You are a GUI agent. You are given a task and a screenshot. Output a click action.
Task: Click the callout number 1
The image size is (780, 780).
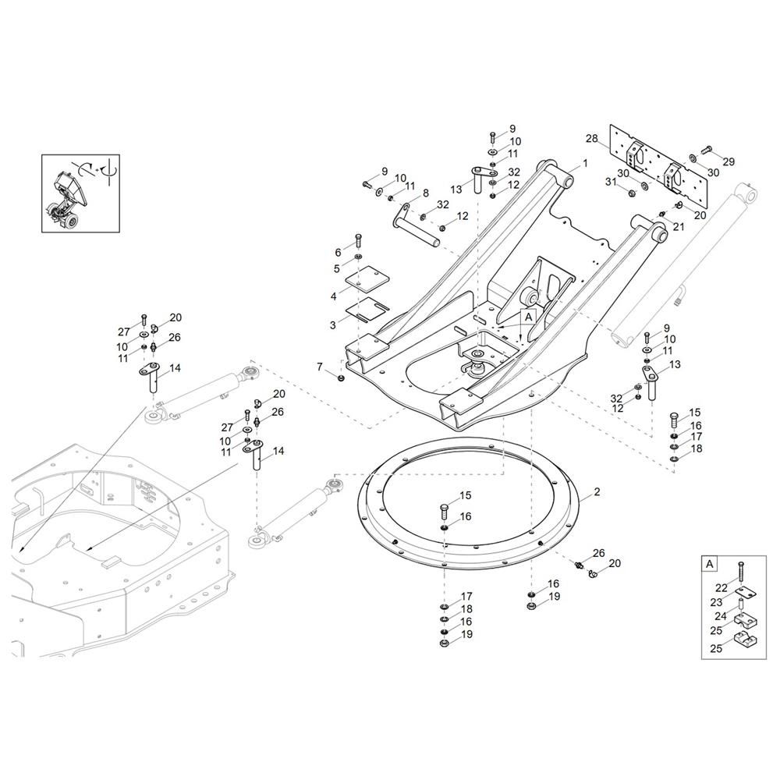coord(586,163)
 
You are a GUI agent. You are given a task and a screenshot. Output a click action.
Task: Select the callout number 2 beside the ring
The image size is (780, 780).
coord(597,492)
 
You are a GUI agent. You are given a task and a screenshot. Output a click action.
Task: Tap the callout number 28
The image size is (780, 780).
coord(591,138)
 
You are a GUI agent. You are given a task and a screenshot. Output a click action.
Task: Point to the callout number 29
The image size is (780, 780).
coord(729,161)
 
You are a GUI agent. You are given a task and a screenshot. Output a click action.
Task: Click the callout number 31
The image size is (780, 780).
coord(611,182)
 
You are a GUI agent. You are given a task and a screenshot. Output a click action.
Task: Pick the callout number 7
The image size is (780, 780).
coord(320,367)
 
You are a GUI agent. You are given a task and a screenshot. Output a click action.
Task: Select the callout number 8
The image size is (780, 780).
coord(425,193)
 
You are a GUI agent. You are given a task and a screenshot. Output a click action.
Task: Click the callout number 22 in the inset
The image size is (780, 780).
coord(721,588)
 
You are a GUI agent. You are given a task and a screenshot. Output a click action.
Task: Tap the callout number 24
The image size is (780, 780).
coord(721,616)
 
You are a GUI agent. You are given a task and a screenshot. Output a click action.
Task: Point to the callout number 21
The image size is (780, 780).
coord(679,227)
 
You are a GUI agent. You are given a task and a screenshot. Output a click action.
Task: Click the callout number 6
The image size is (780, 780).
coord(339,253)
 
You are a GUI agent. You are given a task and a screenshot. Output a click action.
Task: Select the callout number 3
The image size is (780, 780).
coord(333,326)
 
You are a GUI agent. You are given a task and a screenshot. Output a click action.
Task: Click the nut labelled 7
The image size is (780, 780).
coord(341,378)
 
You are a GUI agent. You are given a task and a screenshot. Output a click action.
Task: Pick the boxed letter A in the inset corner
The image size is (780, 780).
coord(709,564)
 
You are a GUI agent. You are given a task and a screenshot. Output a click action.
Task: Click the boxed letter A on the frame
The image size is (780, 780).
coord(528,316)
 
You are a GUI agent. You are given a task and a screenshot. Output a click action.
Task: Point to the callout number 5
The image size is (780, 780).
coord(337,269)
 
